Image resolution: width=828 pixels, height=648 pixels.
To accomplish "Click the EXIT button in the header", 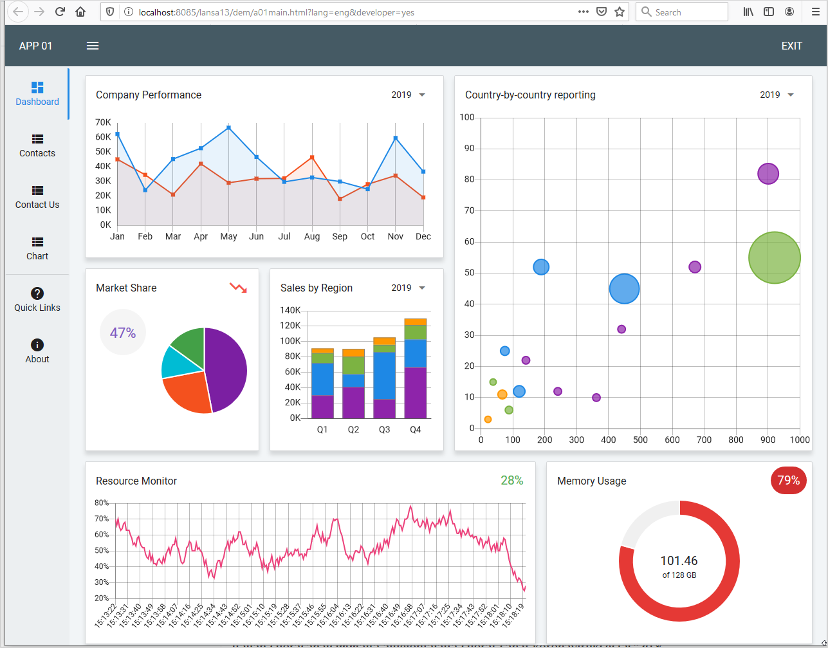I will tap(791, 46).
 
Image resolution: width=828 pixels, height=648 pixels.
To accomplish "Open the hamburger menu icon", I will tap(93, 46).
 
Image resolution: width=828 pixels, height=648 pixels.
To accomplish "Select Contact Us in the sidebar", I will tap(37, 197).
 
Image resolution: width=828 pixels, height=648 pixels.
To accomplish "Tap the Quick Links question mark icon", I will tap(37, 293).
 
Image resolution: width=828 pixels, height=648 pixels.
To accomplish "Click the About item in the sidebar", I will tap(37, 351).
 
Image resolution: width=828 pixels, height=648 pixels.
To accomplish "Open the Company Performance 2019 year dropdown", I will tap(409, 95).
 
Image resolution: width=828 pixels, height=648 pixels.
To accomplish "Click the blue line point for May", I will tap(228, 127).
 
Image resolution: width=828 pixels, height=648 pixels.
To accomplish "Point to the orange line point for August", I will tap(312, 157).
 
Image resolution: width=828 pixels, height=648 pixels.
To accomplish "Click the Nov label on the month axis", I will tap(395, 236).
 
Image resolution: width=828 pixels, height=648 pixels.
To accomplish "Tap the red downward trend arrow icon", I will tap(238, 288).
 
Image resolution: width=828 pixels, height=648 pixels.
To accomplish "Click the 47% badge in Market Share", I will tap(123, 333).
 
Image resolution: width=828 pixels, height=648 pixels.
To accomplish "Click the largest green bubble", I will tap(775, 257).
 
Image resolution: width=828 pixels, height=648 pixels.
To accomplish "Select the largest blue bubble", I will tap(624, 289).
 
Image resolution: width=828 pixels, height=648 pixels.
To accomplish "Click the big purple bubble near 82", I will tap(768, 174).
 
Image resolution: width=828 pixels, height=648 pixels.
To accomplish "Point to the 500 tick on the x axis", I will tap(640, 440).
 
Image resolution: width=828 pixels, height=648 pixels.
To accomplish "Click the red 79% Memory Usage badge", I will tap(788, 481).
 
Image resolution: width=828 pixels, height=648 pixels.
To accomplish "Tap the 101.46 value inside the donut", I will tap(679, 560).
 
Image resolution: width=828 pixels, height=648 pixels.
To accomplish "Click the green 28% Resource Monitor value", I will tap(512, 481).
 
